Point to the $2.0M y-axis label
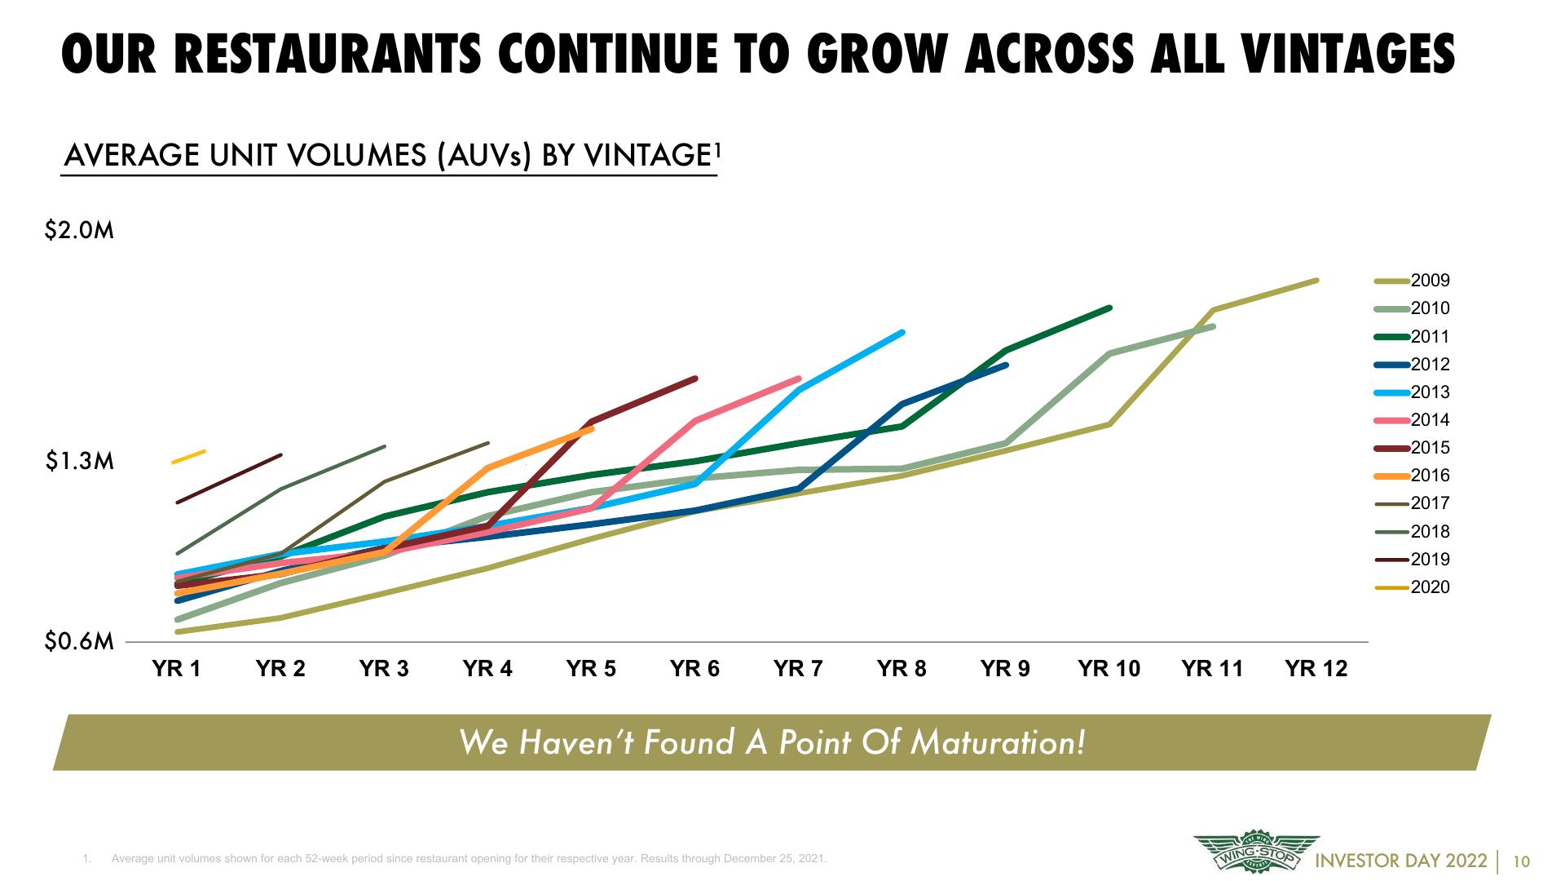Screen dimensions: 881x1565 79,231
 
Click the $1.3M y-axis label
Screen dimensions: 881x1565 79,463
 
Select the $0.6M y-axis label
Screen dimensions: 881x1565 79,642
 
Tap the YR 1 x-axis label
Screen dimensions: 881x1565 177,669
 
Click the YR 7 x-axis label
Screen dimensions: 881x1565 798,669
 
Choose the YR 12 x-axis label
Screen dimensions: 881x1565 1316,669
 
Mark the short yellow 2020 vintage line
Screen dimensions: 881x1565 188,456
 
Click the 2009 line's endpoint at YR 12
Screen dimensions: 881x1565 1316,281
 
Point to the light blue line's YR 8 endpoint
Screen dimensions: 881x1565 902,332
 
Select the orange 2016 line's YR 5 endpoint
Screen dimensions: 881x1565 592,428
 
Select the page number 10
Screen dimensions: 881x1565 1521,861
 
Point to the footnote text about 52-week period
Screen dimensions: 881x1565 469,859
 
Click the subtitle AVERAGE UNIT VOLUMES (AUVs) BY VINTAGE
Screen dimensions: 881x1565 390,155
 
